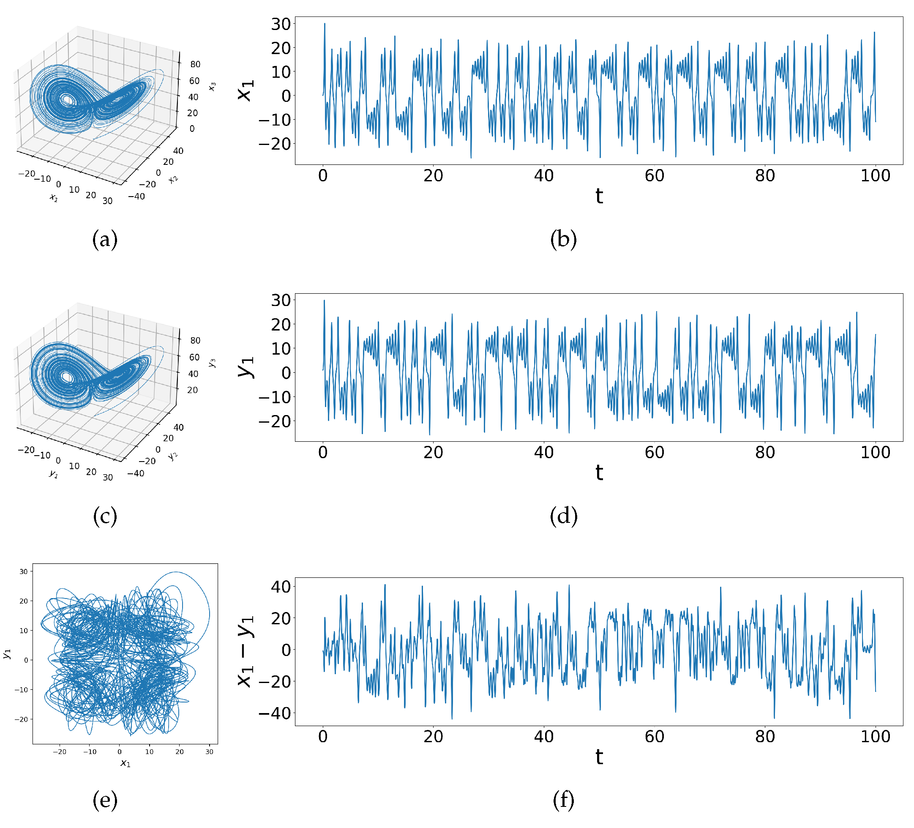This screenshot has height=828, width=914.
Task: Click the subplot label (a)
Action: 105,239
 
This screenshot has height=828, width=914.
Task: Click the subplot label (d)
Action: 564,516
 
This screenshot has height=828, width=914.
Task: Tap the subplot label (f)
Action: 564,799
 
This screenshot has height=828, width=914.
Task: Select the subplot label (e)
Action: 105,799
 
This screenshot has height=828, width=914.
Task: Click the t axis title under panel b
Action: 599,196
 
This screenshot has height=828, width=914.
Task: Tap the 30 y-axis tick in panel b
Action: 281,24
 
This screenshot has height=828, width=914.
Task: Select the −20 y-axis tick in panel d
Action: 275,421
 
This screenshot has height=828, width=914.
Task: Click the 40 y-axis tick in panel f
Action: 281,587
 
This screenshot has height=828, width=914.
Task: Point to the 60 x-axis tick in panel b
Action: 654,175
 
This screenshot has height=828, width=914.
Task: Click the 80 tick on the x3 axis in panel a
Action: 195,64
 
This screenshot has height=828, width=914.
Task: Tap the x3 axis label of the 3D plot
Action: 212,86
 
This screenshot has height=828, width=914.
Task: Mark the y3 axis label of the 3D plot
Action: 212,363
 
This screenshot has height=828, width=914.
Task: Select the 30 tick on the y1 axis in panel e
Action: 24,571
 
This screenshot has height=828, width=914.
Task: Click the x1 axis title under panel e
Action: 125,764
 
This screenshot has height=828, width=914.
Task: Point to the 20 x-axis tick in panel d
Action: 433,452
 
